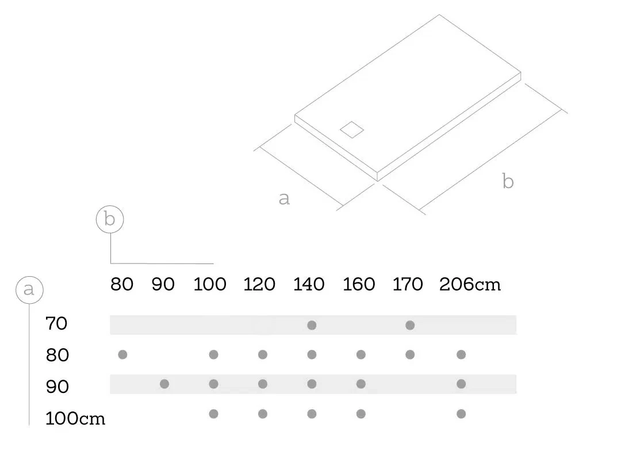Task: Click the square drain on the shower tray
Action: click(x=352, y=129)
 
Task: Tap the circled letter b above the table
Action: click(x=110, y=219)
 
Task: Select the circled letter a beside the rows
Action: click(x=29, y=290)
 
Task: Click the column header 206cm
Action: click(x=470, y=285)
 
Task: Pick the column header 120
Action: click(x=259, y=285)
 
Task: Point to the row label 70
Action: click(x=56, y=323)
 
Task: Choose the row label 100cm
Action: click(x=75, y=418)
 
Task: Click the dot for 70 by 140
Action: click(x=312, y=325)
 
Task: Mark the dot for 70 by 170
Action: click(x=410, y=325)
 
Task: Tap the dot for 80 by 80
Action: click(x=123, y=354)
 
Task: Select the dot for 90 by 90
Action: click(x=164, y=384)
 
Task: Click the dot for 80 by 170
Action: click(x=410, y=354)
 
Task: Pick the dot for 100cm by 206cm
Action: click(x=461, y=414)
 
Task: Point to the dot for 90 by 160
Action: click(x=361, y=384)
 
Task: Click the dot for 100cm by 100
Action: click(x=213, y=414)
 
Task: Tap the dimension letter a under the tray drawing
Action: click(x=285, y=198)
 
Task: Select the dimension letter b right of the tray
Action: click(x=508, y=181)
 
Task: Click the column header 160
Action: click(x=358, y=285)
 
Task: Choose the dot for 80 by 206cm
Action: click(x=461, y=354)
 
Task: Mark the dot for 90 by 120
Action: click(x=263, y=384)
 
